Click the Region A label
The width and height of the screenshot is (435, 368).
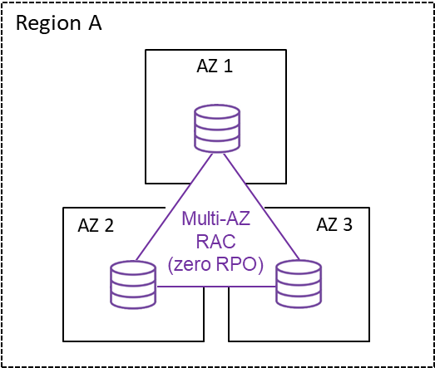coord(59,23)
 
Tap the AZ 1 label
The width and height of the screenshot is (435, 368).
coord(215,66)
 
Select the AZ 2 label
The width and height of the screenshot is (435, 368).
coord(96,225)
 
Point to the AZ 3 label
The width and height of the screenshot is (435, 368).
coord(334,224)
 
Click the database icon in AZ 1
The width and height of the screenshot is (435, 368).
coord(217,128)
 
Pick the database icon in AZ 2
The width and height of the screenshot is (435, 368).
coord(133,285)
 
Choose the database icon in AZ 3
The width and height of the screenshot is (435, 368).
coord(299,284)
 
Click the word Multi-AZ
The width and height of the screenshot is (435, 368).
coord(215,218)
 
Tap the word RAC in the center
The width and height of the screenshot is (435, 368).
coord(215,241)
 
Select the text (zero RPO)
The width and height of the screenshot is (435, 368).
coord(215,265)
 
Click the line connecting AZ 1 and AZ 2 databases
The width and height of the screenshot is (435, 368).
coord(174,207)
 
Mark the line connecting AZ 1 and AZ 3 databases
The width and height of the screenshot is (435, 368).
coord(261,207)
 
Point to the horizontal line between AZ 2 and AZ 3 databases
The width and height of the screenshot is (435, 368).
coord(216,287)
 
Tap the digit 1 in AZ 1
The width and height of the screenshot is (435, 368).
coord(228,66)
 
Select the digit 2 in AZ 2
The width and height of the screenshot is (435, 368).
coord(109,225)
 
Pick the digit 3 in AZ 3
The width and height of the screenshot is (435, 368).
coord(348,224)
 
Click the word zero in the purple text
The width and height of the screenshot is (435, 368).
coord(191,265)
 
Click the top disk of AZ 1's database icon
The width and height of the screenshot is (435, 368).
coord(217,112)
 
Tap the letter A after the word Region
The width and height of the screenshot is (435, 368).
coord(95,22)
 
